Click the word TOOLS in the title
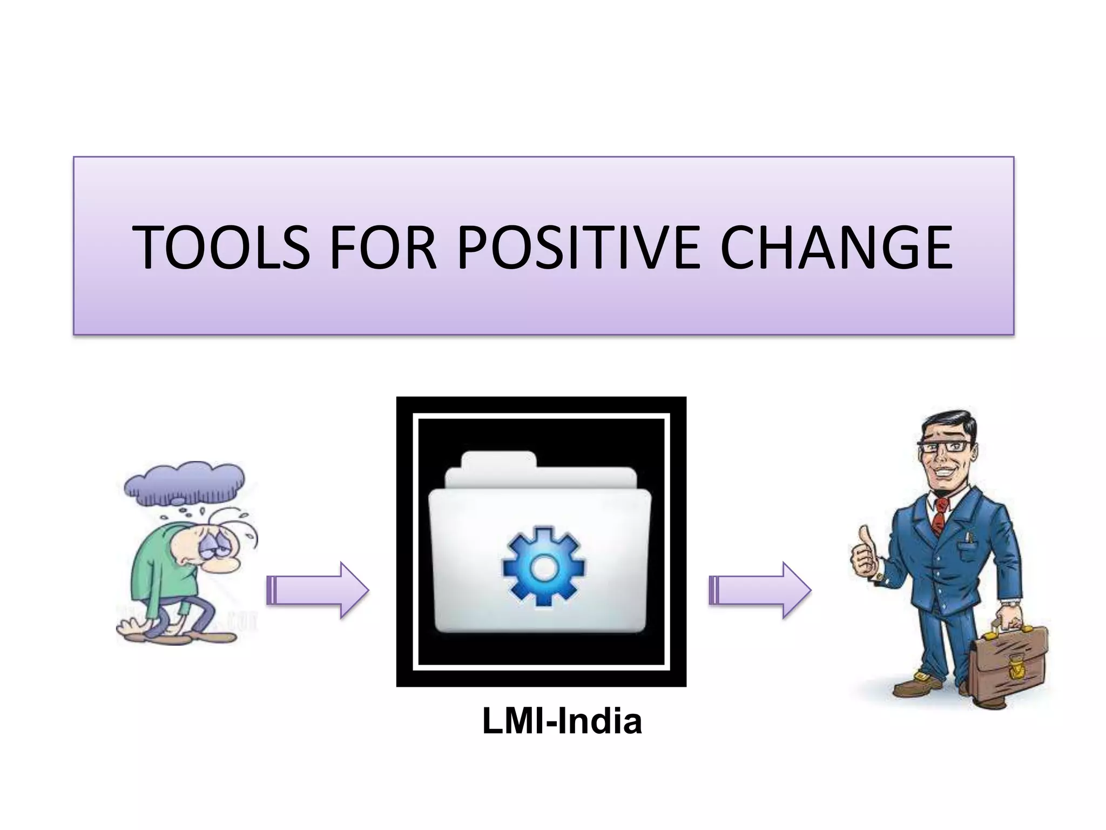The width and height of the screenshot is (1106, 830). click(x=221, y=247)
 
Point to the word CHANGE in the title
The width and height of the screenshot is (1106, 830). click(x=837, y=247)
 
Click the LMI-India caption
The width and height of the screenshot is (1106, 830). click(x=562, y=721)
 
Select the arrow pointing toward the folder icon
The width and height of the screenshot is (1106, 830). click(x=318, y=590)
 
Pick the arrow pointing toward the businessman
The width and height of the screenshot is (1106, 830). click(x=760, y=590)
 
